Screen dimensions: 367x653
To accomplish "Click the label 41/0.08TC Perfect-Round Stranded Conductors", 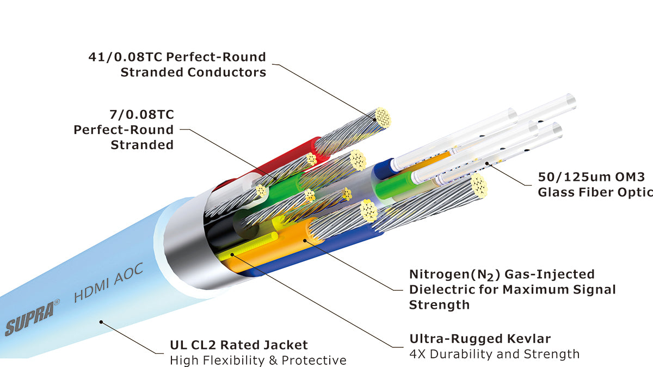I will click(x=177, y=64).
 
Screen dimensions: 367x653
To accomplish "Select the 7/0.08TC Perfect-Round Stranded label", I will click(x=124, y=130).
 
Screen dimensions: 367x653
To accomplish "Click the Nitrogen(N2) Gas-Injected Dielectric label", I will click(x=512, y=289).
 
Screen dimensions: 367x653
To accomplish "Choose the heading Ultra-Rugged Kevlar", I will click(x=480, y=339).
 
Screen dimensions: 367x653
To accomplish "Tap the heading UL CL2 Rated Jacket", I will click(x=239, y=345).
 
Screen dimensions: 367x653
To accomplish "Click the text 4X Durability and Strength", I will click(x=494, y=354).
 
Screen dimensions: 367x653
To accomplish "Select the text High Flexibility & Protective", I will click(x=258, y=360).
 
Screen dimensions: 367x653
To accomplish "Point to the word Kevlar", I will click(x=528, y=339).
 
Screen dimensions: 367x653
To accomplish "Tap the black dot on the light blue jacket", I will click(x=101, y=321).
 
